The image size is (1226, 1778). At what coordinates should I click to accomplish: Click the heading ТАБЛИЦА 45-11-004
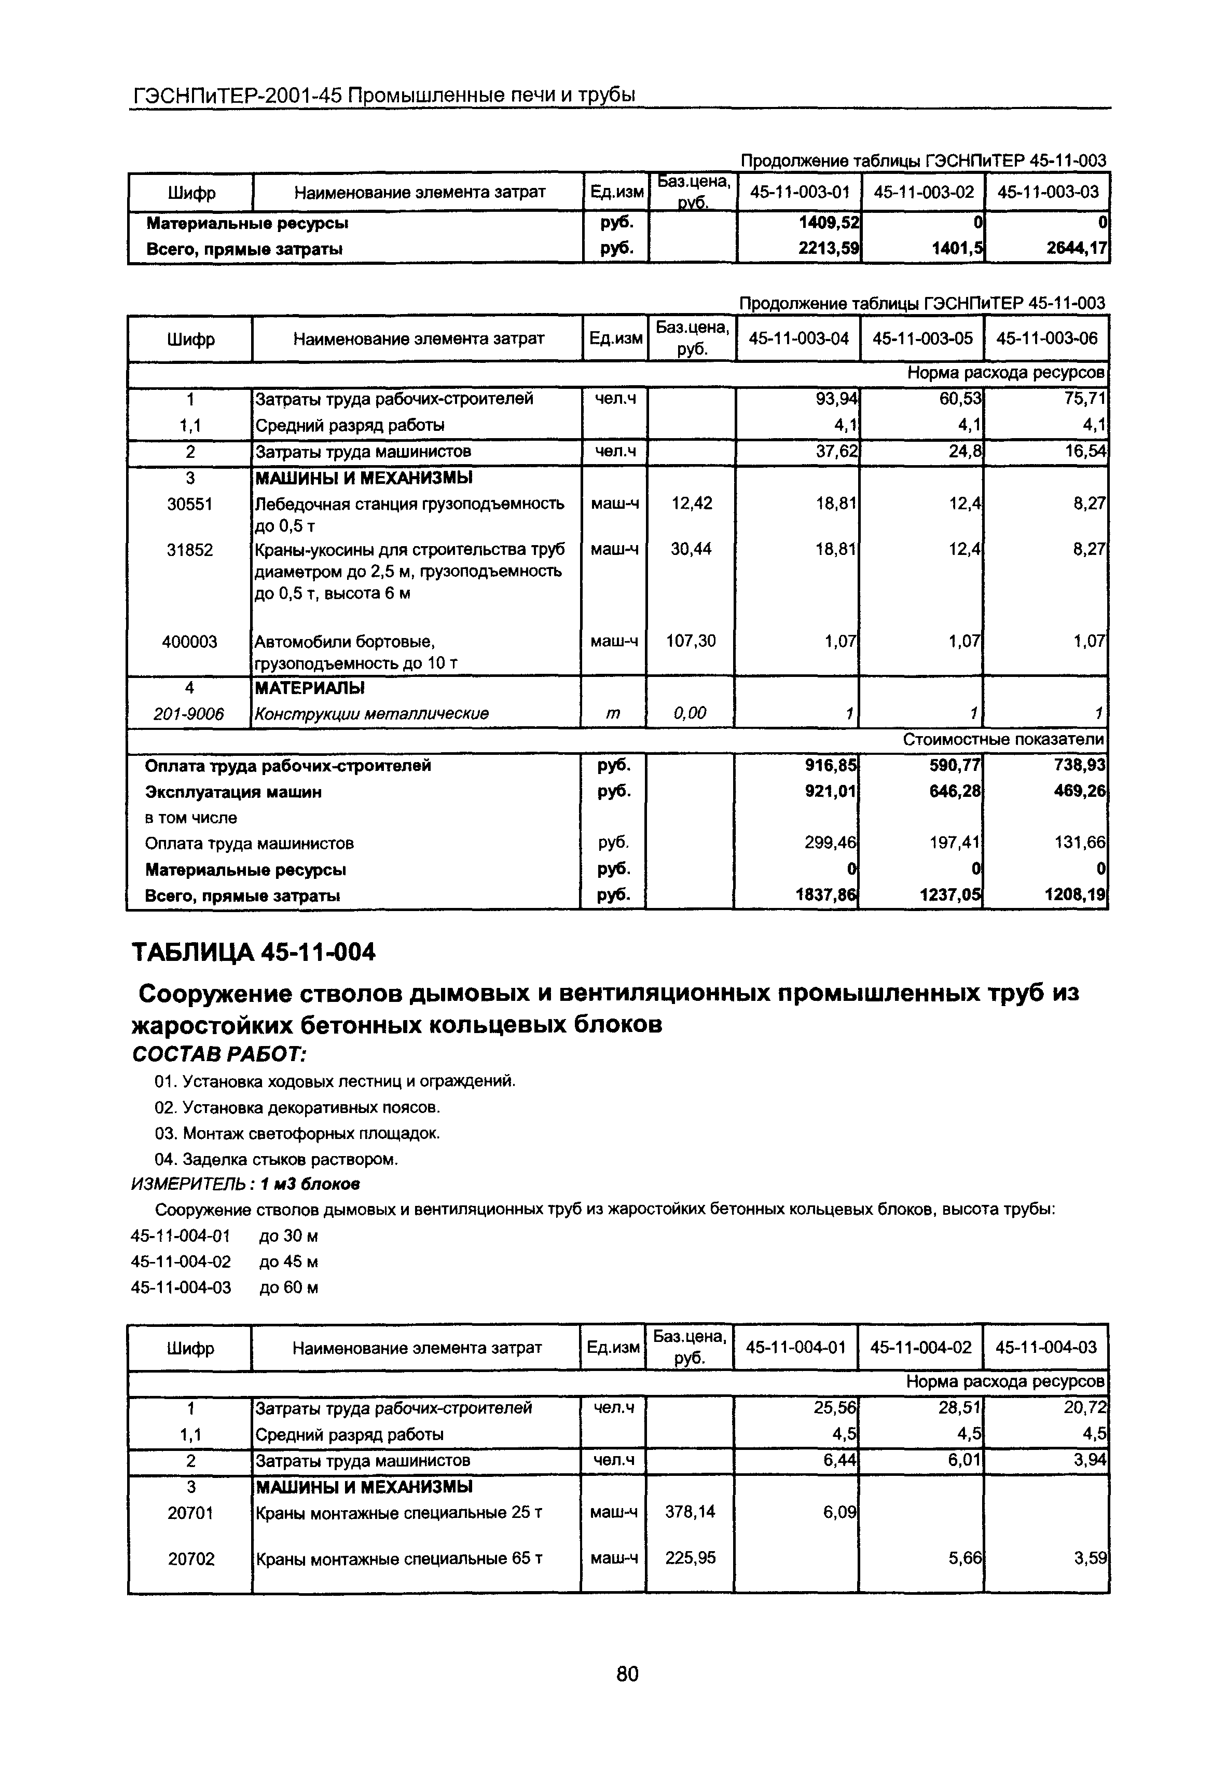pyautogui.click(x=254, y=952)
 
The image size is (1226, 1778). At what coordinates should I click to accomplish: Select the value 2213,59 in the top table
pyautogui.click(x=828, y=249)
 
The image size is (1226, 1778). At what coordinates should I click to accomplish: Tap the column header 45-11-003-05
pyautogui.click(x=922, y=338)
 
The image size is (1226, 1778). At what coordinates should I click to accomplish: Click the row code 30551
pyautogui.click(x=190, y=504)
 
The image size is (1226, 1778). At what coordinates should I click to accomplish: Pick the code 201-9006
pyautogui.click(x=189, y=714)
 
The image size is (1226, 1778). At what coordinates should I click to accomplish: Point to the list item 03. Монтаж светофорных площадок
pyautogui.click(x=297, y=1133)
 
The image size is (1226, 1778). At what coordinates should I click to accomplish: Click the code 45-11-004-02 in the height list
pyautogui.click(x=181, y=1261)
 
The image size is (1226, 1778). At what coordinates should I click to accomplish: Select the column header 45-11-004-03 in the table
pyautogui.click(x=1045, y=1347)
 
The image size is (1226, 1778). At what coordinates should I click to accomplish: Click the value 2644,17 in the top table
pyautogui.click(x=1077, y=249)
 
